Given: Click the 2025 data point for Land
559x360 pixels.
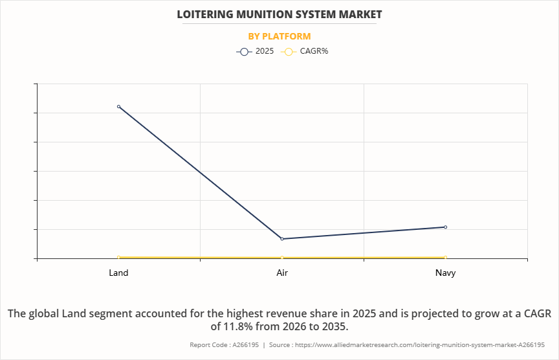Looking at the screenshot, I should click(118, 106).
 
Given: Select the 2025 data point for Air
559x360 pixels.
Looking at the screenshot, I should click(282, 239).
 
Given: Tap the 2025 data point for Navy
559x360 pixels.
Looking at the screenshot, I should click(446, 227).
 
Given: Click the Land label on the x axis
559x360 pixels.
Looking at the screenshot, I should click(118, 273).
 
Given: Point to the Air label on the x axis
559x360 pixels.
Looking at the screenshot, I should click(282, 273).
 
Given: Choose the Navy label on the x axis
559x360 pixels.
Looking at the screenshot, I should click(446, 273).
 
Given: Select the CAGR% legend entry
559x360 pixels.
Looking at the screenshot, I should click(307, 51).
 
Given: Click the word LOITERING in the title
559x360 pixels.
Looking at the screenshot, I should click(207, 14).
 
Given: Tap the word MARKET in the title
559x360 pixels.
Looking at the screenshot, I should click(358, 14).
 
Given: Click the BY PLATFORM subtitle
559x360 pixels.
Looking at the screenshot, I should click(279, 36).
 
